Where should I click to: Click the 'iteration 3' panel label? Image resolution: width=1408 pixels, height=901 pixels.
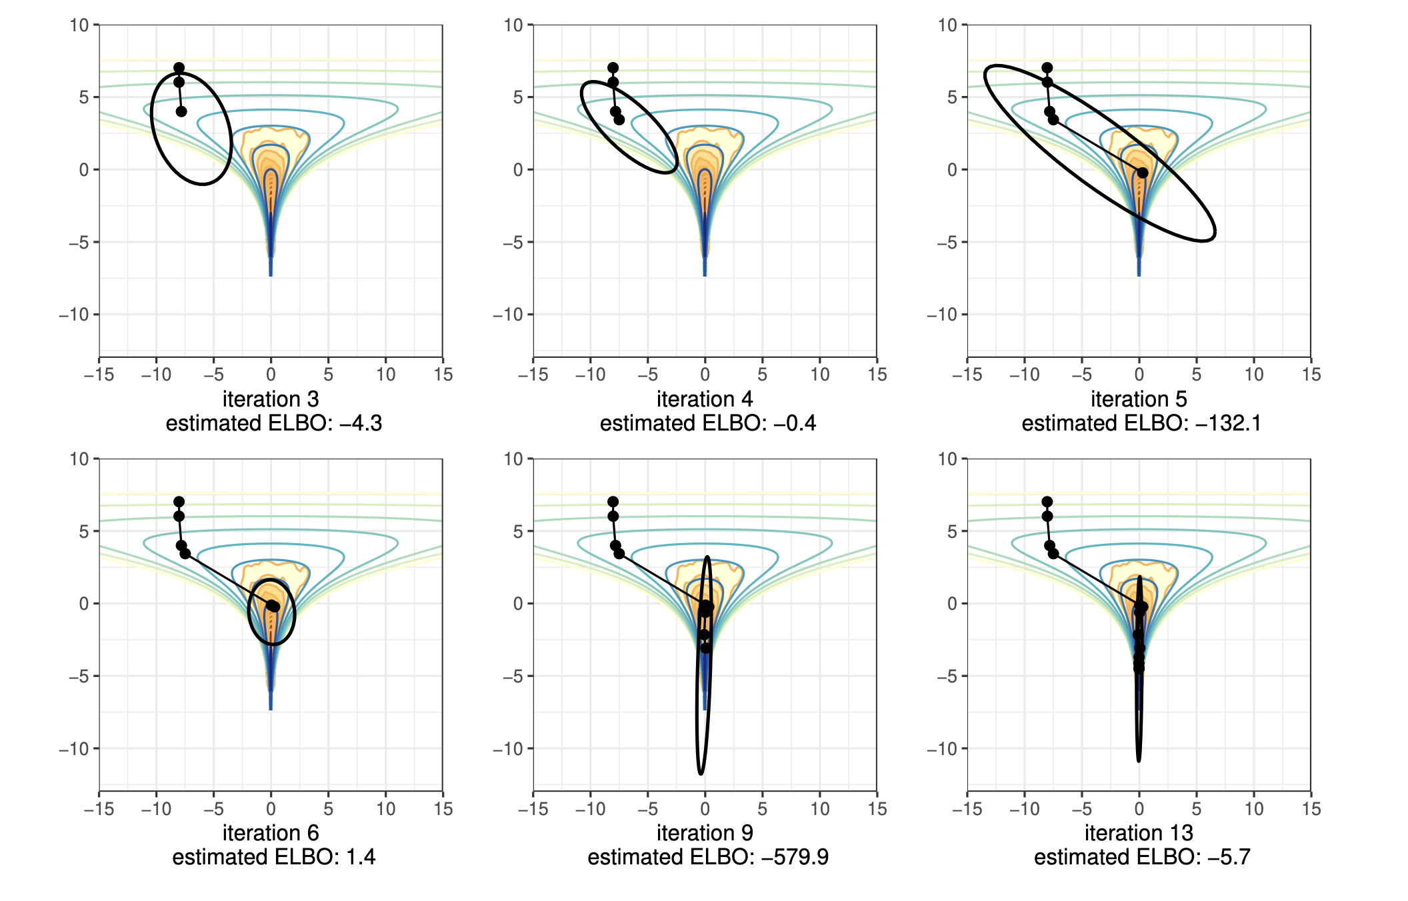[x=271, y=399]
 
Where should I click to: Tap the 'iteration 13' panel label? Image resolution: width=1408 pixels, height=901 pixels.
[x=1139, y=833]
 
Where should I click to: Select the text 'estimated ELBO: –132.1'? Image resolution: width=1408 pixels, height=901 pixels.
[x=1141, y=424]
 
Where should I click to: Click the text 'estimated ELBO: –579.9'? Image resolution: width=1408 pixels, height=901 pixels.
[x=708, y=857]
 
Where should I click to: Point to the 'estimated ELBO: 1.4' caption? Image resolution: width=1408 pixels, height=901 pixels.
[x=273, y=857]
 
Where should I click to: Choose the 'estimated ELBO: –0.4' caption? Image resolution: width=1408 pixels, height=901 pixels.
[x=708, y=424]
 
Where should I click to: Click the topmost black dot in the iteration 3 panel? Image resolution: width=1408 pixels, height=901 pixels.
[x=179, y=68]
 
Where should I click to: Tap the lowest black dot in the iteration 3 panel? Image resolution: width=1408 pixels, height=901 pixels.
[x=181, y=111]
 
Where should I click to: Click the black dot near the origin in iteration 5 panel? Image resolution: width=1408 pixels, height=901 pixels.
[x=1142, y=173]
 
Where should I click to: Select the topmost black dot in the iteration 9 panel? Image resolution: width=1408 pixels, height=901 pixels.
[x=613, y=502]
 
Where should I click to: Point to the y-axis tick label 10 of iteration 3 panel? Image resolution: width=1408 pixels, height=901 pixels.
[x=79, y=25]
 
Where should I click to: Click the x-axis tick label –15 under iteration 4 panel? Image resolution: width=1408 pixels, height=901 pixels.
[x=533, y=375]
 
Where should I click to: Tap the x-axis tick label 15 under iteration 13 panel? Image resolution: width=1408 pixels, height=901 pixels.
[x=1311, y=809]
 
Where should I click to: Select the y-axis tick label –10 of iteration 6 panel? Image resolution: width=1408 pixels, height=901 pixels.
[x=74, y=749]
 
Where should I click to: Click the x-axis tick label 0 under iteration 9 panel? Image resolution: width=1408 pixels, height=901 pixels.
[x=705, y=809]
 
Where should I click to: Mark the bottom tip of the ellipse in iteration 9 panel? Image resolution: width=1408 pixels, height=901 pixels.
[x=700, y=774]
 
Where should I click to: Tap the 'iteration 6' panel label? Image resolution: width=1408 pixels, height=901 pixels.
[x=271, y=833]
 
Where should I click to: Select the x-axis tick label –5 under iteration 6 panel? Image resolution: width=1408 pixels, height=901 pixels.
[x=213, y=809]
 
